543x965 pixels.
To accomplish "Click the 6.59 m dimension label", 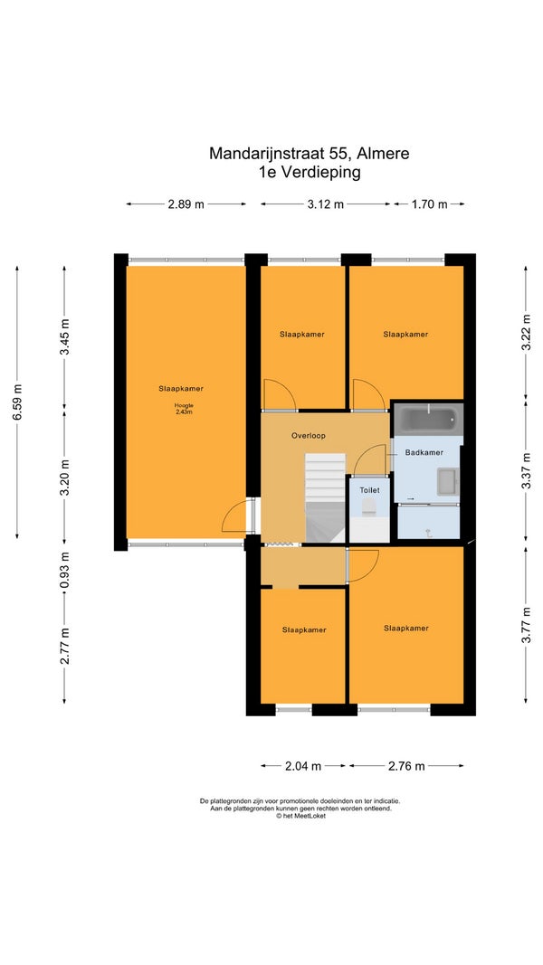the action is (17, 402).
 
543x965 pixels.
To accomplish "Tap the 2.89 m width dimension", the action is (186, 204).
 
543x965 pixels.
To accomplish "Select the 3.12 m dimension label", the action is (326, 204).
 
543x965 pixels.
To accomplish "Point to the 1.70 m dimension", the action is (429, 204).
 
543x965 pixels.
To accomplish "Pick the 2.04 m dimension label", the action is (303, 766).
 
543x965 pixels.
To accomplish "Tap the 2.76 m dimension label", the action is (407, 766).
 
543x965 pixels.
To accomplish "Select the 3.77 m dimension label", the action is (526, 624).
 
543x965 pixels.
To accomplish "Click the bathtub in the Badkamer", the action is (428, 419).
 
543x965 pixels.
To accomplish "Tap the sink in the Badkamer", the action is (448, 481).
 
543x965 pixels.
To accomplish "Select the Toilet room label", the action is (369, 490).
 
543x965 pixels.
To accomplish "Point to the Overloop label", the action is (308, 435).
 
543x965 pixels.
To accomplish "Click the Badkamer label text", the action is (424, 452).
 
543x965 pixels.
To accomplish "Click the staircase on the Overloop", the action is (326, 498).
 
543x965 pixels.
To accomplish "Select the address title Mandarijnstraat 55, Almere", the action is (309, 153).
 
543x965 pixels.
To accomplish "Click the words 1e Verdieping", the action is (310, 173).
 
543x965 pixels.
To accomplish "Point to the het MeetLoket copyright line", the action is (300, 816).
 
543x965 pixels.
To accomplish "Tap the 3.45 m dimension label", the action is (64, 337).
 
